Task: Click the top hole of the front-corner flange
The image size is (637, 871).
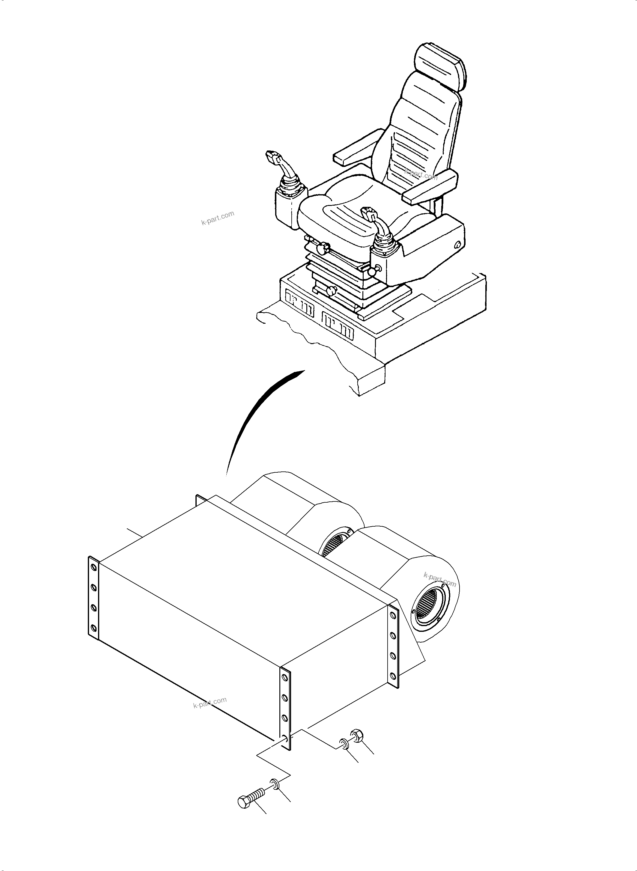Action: click(x=284, y=677)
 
